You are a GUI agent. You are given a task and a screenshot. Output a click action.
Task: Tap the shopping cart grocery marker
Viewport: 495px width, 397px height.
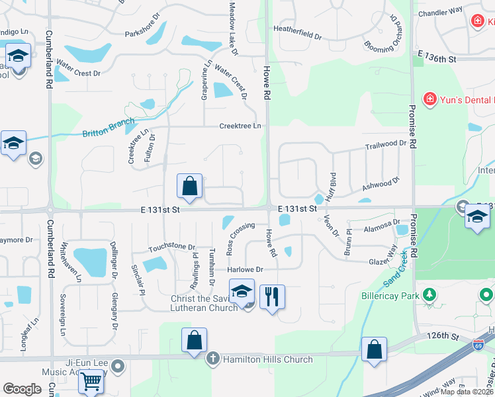coord(91,381)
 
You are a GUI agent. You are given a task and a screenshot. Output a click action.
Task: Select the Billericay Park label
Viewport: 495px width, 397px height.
coord(390,296)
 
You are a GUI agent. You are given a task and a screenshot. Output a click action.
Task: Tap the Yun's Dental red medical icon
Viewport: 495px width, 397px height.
coord(430,99)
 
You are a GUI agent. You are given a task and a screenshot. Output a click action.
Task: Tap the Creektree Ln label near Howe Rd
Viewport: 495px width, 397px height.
coord(240,126)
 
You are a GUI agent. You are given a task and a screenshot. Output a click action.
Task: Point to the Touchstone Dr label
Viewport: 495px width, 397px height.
coord(172,247)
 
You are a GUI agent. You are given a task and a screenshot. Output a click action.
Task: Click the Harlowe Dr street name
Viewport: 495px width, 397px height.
coord(246,269)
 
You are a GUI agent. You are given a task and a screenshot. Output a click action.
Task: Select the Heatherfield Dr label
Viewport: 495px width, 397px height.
coord(298,29)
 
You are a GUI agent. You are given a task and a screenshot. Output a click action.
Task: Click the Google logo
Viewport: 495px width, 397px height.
coord(22,389)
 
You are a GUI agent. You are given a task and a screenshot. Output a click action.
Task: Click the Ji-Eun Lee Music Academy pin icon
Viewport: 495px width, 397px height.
coord(118,365)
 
